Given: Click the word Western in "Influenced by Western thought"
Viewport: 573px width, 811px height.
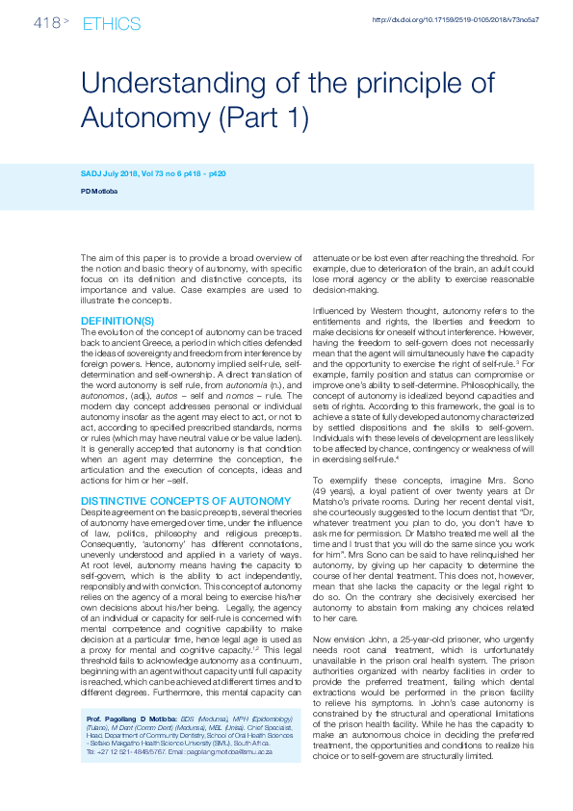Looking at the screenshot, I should [x=379, y=310].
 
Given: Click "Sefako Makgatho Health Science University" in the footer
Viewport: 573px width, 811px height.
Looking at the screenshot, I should [x=148, y=743].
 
